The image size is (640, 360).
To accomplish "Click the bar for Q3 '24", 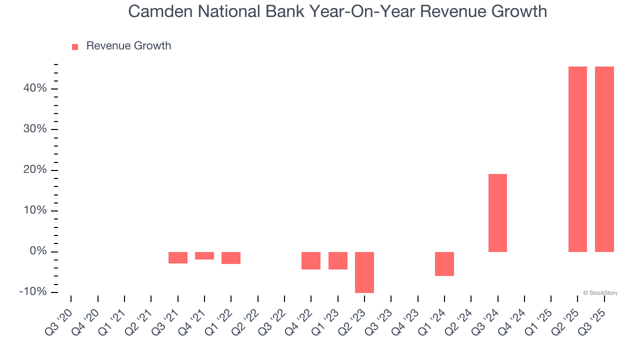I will coord(497,212).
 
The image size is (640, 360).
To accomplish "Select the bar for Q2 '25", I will coord(577,159).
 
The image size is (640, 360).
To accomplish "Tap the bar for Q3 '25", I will coord(604,159).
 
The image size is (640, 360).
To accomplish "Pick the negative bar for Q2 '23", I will coord(364,272).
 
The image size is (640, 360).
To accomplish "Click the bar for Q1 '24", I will coord(444,263).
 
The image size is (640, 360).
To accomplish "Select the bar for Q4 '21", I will coord(204,255).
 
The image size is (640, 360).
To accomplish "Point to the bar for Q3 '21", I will coord(178,257).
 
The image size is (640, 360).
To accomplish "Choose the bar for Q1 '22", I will coord(231,257).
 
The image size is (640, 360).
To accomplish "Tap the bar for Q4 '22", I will coord(311,260).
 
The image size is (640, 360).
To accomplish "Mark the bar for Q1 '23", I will coord(338,260).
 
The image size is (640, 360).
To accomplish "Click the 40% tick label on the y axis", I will coord(34,88).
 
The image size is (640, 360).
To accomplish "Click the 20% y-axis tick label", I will coord(34,170).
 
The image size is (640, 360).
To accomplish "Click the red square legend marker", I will coord(75,47).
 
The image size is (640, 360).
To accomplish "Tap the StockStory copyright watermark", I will coord(600,293).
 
